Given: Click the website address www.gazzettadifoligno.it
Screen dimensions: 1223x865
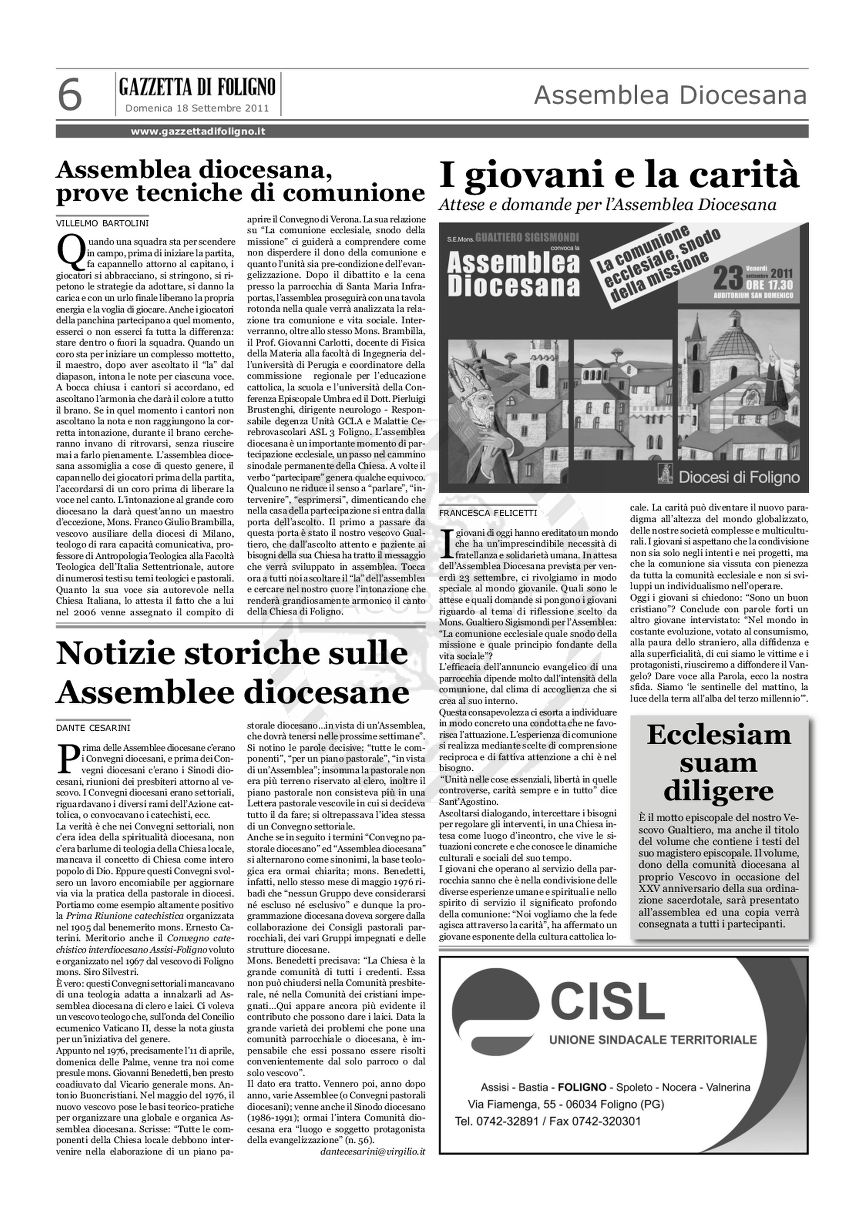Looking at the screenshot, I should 198,131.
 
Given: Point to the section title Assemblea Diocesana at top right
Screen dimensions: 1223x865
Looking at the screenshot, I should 670,96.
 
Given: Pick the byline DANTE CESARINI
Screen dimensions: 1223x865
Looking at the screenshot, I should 93,728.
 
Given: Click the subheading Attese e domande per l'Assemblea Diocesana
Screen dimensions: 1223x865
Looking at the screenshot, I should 607,205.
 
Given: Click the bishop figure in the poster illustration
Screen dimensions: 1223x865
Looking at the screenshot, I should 482,405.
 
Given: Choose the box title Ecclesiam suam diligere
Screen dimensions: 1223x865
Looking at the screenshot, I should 719,763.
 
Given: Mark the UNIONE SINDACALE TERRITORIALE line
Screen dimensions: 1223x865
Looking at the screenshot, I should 653,1039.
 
